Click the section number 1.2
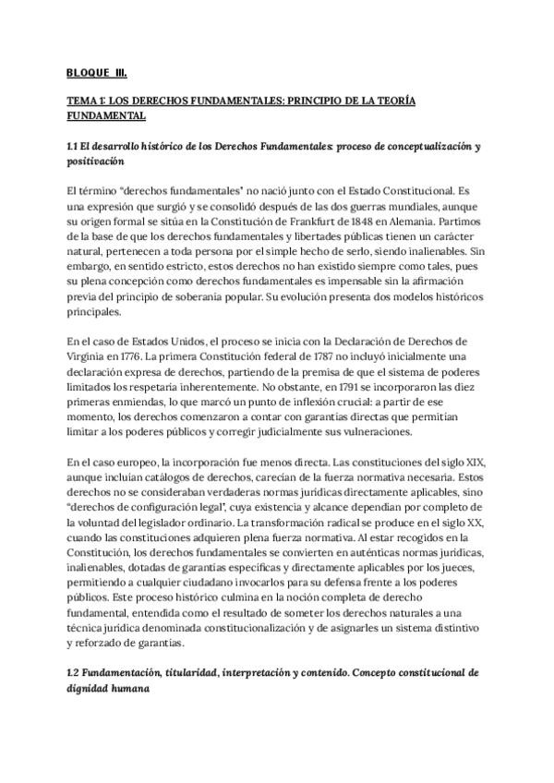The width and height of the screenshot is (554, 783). coord(75,673)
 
